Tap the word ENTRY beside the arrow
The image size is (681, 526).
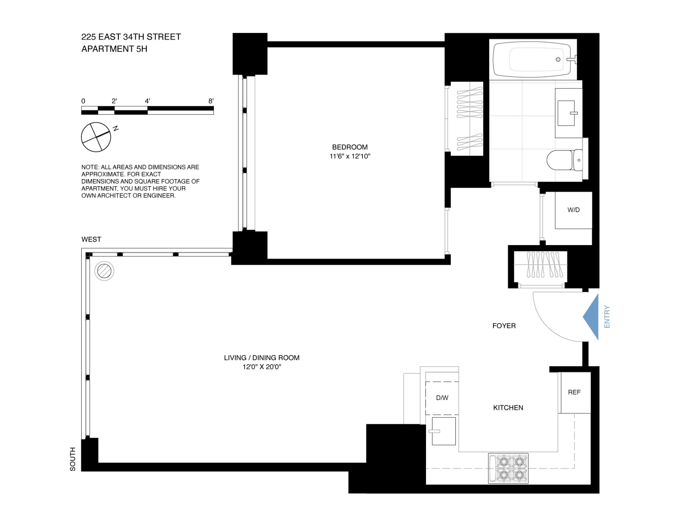point(607,317)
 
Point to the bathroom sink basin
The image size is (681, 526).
point(566,113)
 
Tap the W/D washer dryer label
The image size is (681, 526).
point(573,210)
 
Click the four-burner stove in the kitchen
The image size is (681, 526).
point(508,468)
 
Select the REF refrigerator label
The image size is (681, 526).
point(574,392)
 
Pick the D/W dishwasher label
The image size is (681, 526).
point(442,398)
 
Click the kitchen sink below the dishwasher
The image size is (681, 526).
point(443,431)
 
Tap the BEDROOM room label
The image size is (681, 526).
point(350,147)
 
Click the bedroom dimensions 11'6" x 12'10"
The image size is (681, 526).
point(350,156)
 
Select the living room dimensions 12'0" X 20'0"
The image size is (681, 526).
point(262,367)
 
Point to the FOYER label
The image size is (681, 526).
point(504,326)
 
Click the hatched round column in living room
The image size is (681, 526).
point(104,271)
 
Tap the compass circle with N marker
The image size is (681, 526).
point(96,137)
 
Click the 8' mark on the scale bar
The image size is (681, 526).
point(211,101)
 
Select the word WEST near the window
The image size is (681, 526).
point(91,239)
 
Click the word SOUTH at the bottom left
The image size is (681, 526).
point(73,459)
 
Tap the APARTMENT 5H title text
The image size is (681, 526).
point(114,49)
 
